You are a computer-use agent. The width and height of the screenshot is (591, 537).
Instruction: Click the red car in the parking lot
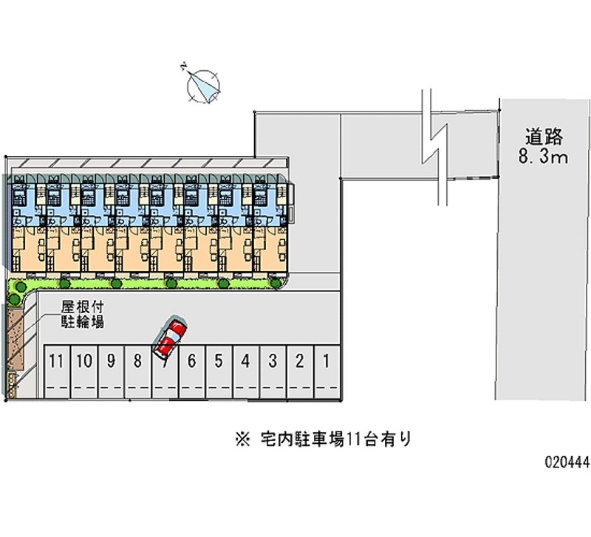[x=170, y=337]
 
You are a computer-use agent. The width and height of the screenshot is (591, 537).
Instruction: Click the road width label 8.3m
[x=544, y=156]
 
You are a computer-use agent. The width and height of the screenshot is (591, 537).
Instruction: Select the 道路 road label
[x=544, y=137]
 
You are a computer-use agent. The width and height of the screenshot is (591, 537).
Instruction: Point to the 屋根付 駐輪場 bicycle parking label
[x=82, y=313]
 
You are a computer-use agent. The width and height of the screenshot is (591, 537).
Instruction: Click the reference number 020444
[x=564, y=463]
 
